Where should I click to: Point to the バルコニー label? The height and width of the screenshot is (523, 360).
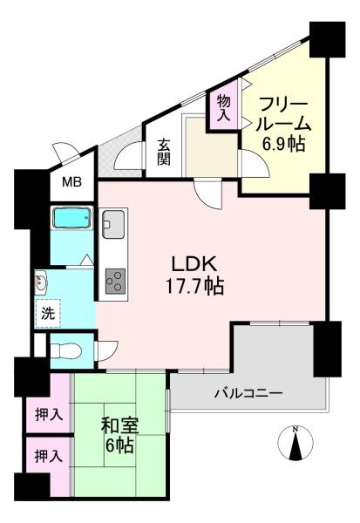point(248,393)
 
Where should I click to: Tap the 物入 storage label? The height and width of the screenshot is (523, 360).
point(223,106)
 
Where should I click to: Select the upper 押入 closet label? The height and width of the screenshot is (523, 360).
point(48,414)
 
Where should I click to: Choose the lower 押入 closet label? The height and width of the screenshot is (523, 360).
point(48,455)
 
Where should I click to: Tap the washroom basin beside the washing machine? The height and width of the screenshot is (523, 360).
point(41,282)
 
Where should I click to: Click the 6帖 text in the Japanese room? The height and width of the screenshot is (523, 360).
point(120,446)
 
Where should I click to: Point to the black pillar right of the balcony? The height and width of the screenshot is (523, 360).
point(329,348)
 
